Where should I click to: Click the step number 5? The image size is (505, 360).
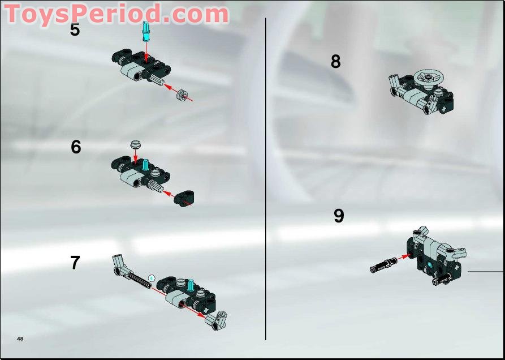click(75, 30)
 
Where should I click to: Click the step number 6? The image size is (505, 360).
click(76, 147)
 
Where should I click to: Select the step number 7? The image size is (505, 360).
click(75, 263)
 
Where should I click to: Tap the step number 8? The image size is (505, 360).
click(335, 62)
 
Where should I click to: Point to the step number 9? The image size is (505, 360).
click(339, 216)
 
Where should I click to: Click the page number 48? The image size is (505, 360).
click(20, 339)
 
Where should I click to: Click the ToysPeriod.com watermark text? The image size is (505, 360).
click(116, 13)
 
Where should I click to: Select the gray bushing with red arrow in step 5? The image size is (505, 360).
click(182, 96)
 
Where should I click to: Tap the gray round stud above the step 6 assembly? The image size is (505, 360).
click(135, 144)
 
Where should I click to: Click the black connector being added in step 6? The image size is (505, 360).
click(183, 198)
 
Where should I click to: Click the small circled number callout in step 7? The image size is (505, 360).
click(151, 277)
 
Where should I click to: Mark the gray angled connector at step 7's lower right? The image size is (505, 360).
click(217, 321)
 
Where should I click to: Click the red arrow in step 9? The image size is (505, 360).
click(402, 258)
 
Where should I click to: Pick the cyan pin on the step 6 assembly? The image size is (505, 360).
click(146, 165)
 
